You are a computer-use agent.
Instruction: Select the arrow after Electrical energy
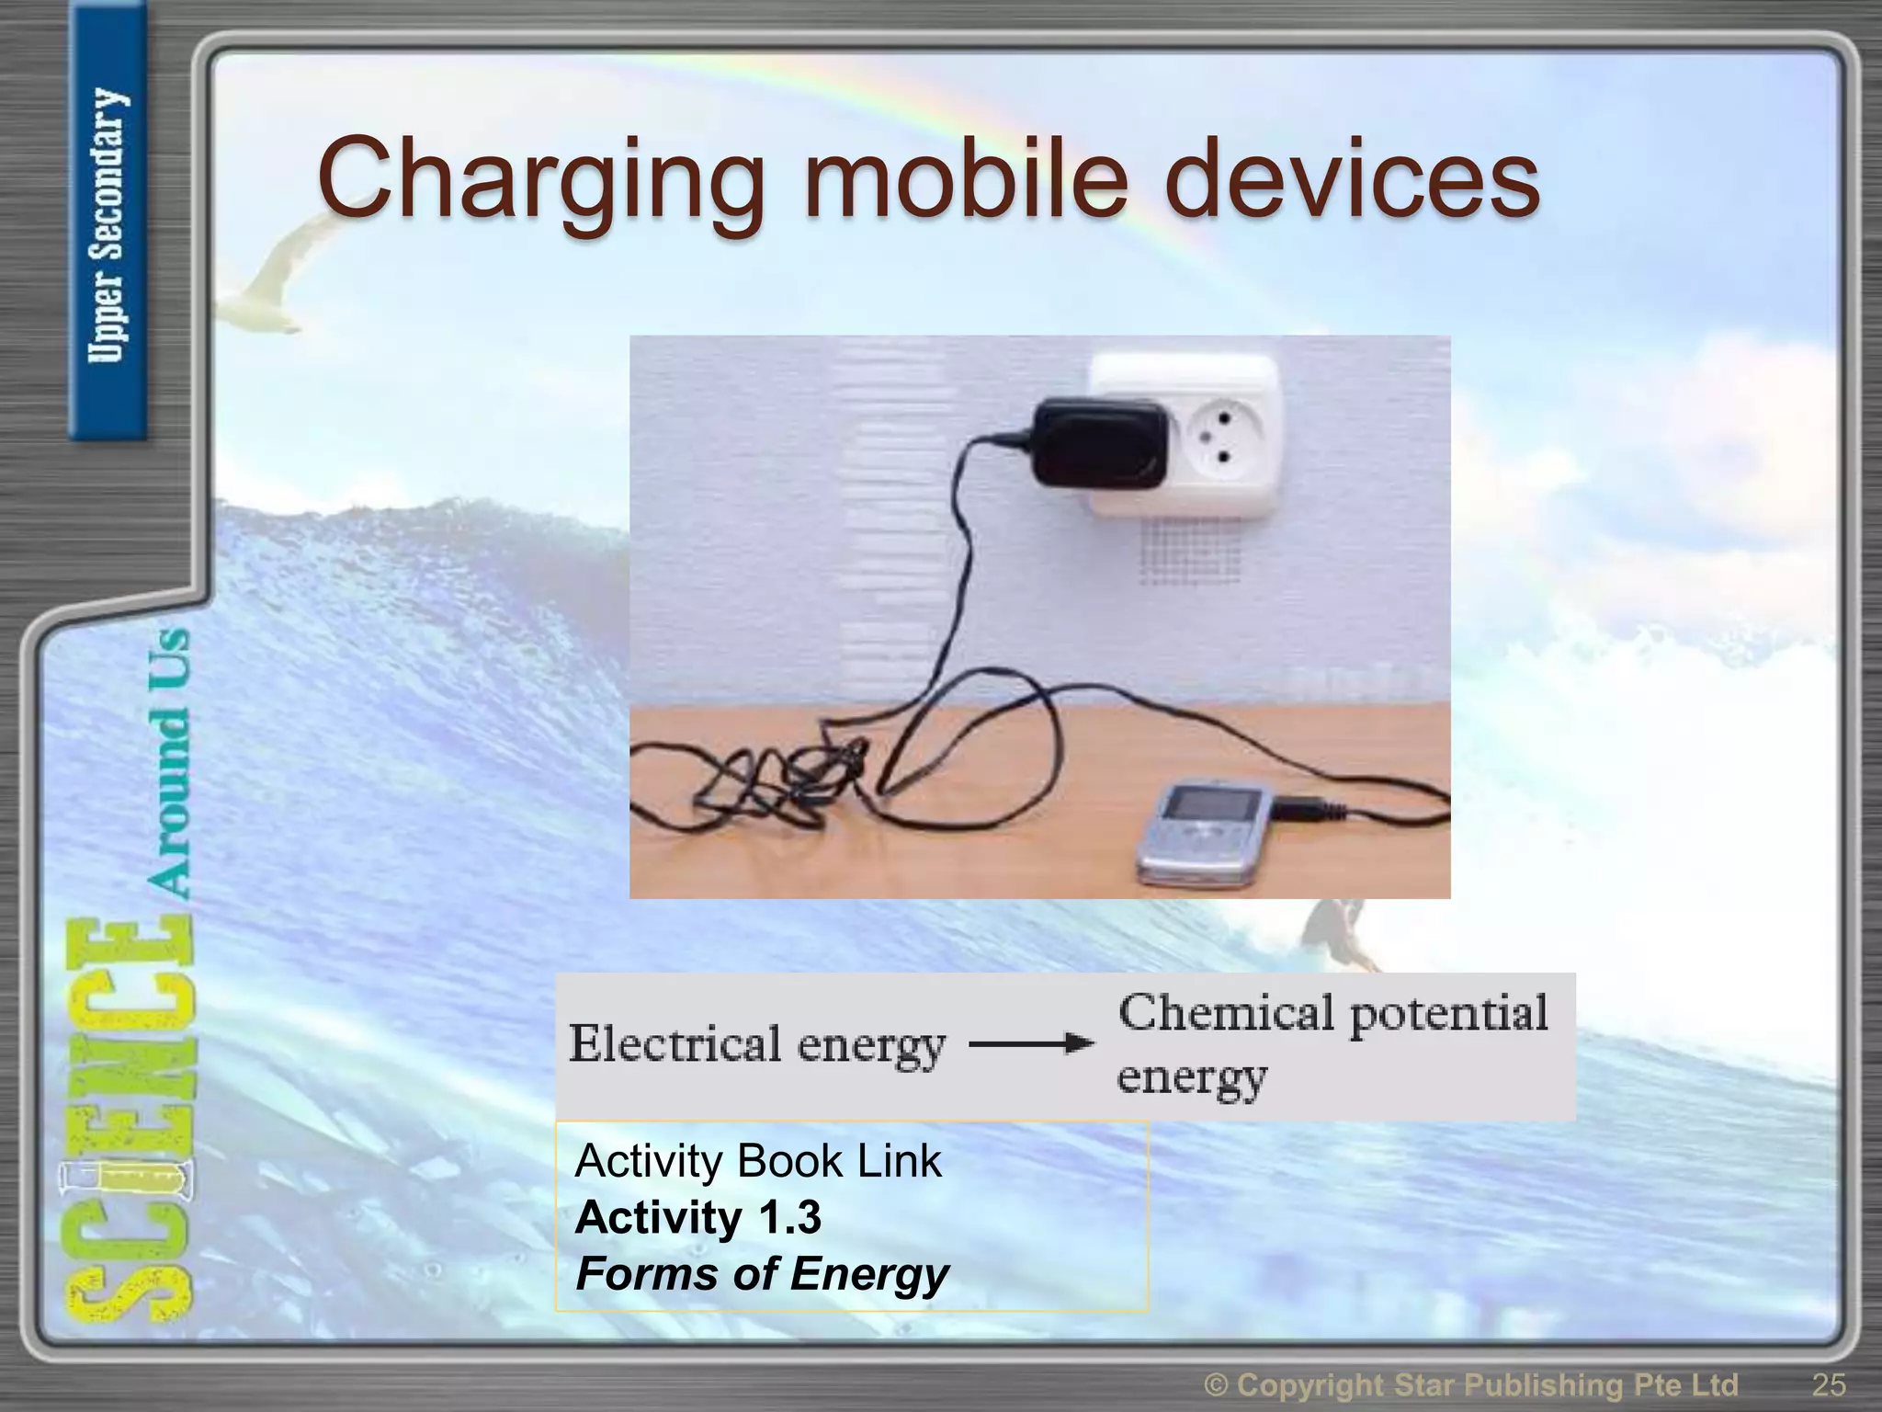click(1031, 1043)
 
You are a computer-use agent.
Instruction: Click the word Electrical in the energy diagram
click(674, 1044)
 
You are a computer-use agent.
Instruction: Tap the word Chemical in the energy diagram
click(1226, 1014)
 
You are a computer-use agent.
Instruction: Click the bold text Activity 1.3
click(697, 1217)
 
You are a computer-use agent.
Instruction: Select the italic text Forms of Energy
click(762, 1274)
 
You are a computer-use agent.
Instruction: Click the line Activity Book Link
click(757, 1161)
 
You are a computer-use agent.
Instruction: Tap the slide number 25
click(1828, 1384)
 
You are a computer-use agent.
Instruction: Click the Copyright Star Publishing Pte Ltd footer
click(1470, 1384)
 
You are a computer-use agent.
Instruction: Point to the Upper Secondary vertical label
click(108, 225)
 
